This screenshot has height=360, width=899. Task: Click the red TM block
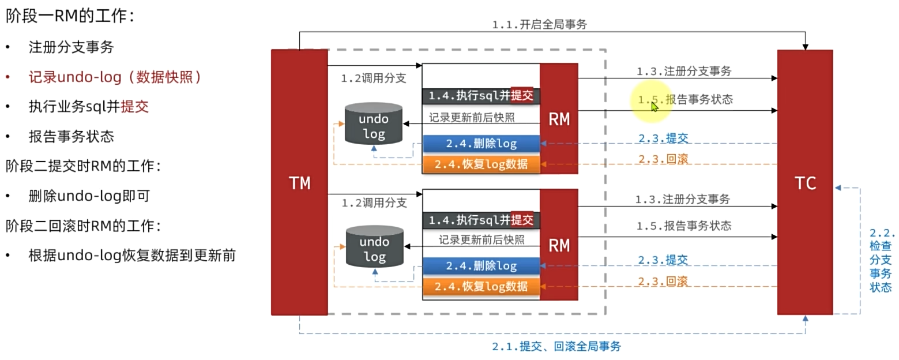point(299,182)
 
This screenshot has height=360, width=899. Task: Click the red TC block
point(805,182)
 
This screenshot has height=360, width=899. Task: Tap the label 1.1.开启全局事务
point(539,25)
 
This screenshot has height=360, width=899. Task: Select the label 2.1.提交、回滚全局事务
point(556,346)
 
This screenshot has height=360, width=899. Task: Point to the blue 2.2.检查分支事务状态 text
point(881,260)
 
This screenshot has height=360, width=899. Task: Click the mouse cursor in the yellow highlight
point(654,106)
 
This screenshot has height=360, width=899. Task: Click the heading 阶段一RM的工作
point(70,16)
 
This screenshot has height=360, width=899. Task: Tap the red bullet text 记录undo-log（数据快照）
point(115,77)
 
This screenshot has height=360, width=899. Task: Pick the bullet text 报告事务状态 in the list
point(72,136)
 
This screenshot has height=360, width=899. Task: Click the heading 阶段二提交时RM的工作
point(83,166)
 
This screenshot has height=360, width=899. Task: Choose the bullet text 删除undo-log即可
point(89,196)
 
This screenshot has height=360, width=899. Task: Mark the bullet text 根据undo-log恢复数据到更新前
point(132,256)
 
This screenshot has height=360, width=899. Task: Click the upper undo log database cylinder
point(373,123)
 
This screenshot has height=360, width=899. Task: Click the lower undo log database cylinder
point(374,246)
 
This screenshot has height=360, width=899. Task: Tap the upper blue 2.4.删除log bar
point(481,143)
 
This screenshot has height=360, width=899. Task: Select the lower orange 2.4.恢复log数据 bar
point(481,287)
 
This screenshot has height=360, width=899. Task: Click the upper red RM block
point(558,119)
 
